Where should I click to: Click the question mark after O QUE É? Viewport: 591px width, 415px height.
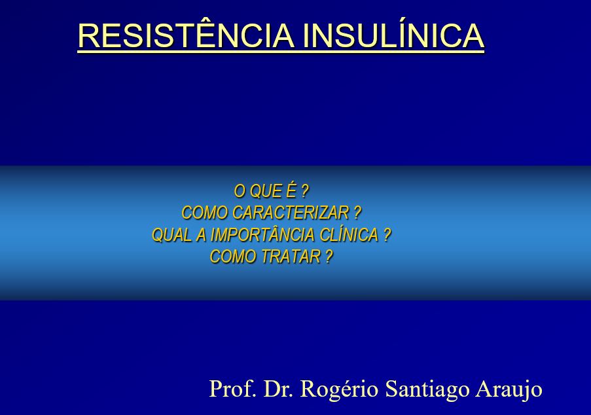pos(305,191)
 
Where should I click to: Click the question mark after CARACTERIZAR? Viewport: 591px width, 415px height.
pos(357,213)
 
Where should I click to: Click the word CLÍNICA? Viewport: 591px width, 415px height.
pos(350,235)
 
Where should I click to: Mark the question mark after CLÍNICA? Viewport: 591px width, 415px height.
pos(387,235)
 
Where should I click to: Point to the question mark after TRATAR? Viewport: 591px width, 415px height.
pos(329,257)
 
